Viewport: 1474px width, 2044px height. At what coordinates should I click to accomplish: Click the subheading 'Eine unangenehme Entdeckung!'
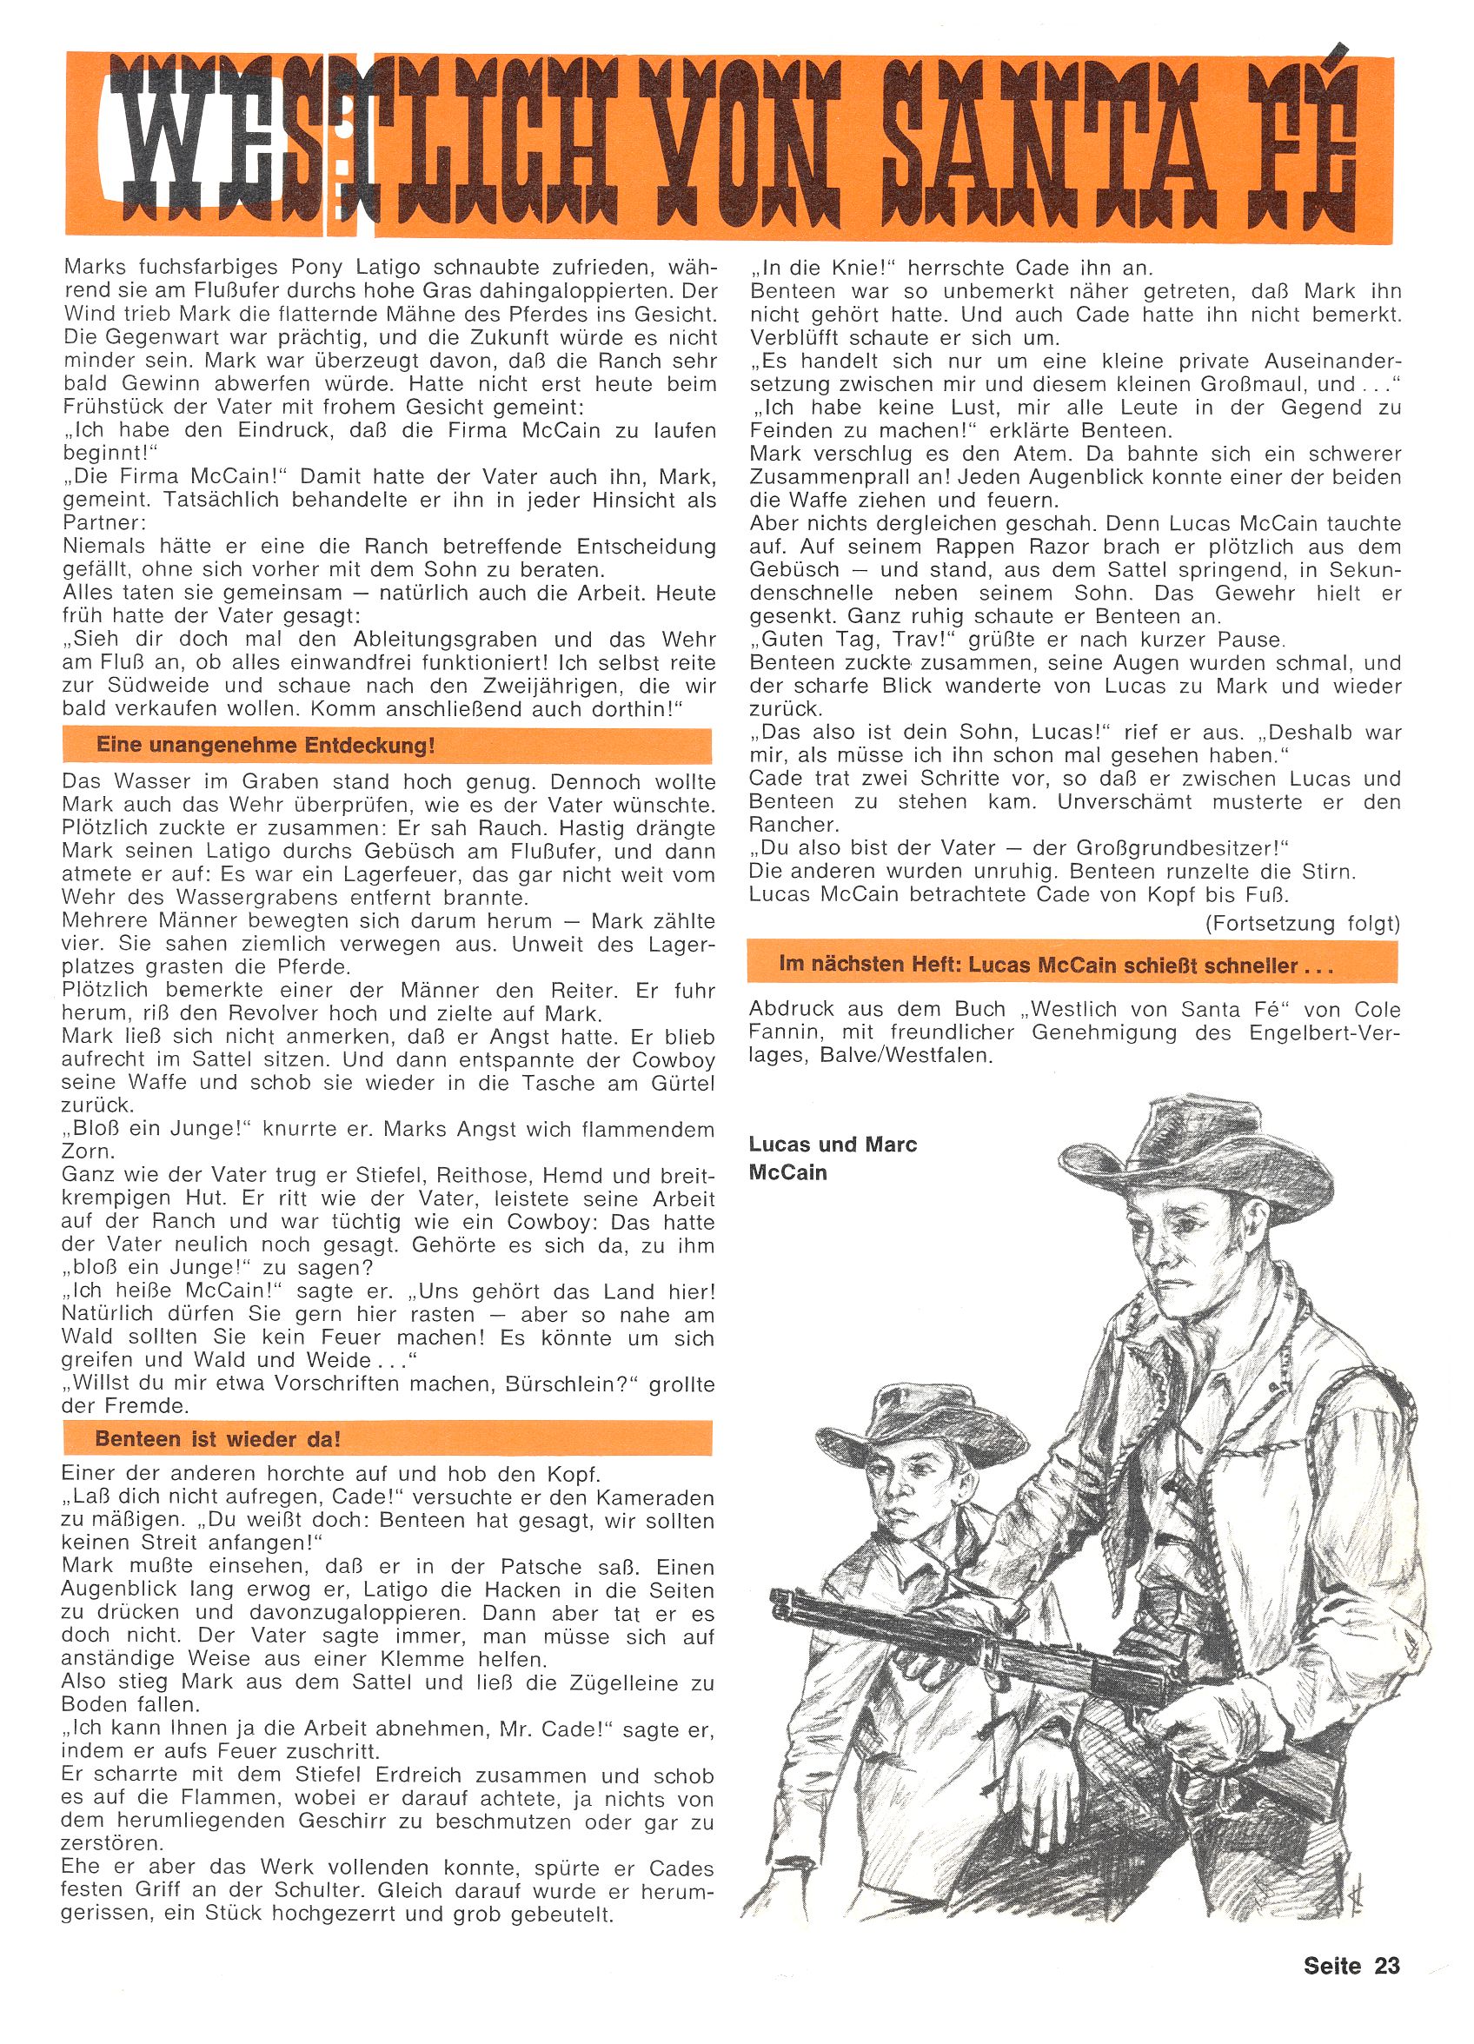(265, 747)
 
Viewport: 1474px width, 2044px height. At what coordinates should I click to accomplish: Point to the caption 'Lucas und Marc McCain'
(832, 1158)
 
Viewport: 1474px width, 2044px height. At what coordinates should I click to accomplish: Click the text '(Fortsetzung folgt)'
(1302, 923)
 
